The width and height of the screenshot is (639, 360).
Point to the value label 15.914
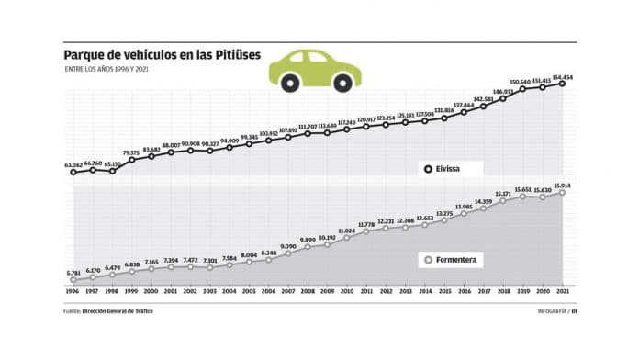561,186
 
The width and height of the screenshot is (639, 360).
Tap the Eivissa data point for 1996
73,172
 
